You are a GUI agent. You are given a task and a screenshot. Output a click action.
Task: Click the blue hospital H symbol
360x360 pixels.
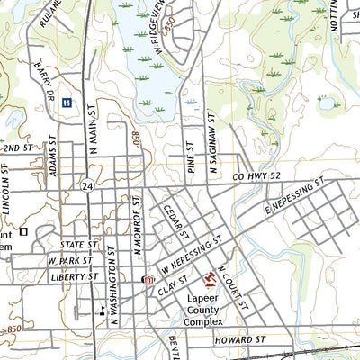point(67,103)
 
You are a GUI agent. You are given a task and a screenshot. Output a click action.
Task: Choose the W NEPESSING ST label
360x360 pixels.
point(191,256)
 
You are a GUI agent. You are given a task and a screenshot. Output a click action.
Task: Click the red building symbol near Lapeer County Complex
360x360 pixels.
point(212,277)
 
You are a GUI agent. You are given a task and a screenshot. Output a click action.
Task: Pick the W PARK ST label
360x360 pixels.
point(72,261)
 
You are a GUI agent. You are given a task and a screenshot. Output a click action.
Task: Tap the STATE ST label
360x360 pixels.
point(78,244)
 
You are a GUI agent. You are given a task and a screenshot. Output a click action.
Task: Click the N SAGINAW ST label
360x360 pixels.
point(210,139)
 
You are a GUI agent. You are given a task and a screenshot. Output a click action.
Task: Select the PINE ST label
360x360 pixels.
point(191,155)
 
